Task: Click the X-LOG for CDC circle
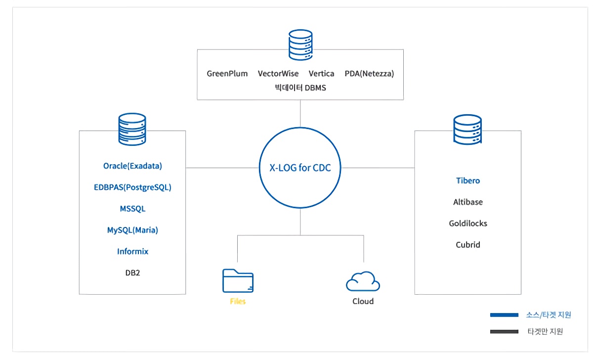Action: tap(300, 168)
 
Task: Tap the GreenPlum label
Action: tap(227, 74)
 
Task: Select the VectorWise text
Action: tap(278, 74)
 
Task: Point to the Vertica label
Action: tap(322, 74)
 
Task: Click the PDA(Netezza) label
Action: tap(369, 74)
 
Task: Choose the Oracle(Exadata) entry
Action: tap(132, 166)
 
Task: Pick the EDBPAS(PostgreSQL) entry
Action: tap(132, 187)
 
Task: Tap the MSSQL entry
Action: tap(132, 209)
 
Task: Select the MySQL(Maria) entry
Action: tap(132, 230)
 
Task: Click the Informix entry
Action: tap(132, 251)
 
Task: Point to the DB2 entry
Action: tap(132, 272)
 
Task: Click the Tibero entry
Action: tap(467, 180)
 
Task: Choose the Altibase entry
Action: tap(467, 202)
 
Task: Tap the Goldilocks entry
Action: tap(467, 223)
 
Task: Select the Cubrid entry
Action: tap(467, 244)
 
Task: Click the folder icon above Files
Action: tap(238, 280)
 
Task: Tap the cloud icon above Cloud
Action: tap(363, 281)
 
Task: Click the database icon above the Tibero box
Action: tap(467, 130)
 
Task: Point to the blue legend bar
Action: tap(504, 315)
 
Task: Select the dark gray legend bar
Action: tap(504, 331)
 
